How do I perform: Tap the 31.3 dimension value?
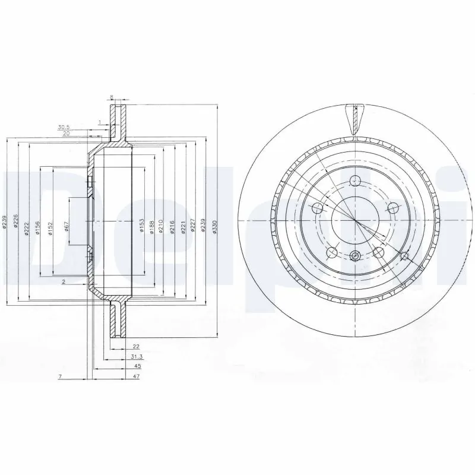pos(136,357)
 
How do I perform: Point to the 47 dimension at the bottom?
pos(136,377)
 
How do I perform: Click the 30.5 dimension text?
pos(64,127)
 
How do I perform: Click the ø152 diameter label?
pos(51,228)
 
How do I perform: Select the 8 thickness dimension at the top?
pos(111,96)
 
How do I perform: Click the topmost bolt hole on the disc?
pos(355,182)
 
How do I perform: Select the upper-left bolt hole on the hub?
pos(317,208)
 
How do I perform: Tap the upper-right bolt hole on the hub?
pos(392,208)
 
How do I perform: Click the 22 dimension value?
pos(136,346)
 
